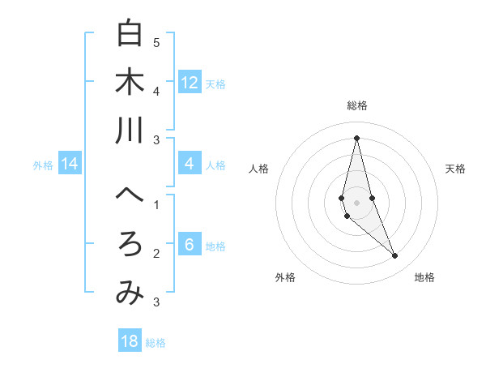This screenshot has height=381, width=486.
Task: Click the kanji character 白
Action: (x=130, y=33)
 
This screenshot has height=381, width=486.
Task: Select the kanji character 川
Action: (x=130, y=131)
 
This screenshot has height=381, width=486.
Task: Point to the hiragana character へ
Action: (x=130, y=195)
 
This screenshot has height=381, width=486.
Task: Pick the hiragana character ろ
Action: (x=130, y=244)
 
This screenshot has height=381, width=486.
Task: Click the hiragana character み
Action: (x=130, y=293)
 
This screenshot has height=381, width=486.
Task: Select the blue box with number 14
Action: (x=70, y=165)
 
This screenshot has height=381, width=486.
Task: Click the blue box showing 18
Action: (x=130, y=341)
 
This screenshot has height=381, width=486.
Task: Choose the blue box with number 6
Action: (x=190, y=246)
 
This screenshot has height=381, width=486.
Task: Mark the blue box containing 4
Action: (x=190, y=165)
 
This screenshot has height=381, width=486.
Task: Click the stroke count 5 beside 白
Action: (x=156, y=42)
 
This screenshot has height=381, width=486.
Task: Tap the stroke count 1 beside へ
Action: (x=156, y=204)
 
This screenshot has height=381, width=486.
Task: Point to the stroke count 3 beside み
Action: (x=156, y=302)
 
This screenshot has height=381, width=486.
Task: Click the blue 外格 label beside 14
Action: (x=43, y=165)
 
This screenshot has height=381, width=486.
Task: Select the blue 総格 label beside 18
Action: (x=156, y=342)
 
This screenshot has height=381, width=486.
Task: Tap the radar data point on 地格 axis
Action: (x=394, y=256)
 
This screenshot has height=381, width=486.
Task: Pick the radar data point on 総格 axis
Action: (x=356, y=138)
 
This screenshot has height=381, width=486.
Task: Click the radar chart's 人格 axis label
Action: (x=258, y=169)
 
